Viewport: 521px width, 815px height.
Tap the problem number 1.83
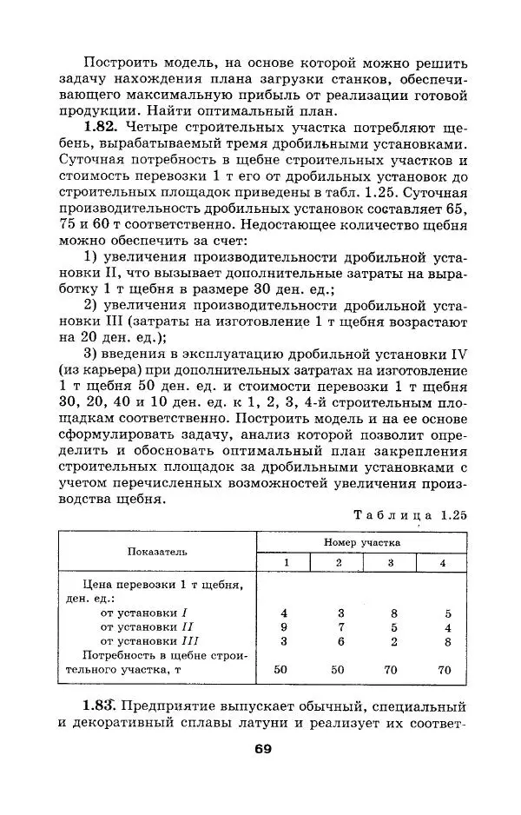(x=103, y=705)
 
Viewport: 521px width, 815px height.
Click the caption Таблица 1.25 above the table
(x=410, y=514)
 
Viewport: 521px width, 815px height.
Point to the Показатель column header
(x=157, y=551)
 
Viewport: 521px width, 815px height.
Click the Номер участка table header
(x=364, y=541)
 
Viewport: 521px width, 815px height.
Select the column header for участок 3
(x=390, y=562)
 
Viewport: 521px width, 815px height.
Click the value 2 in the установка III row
(x=393, y=641)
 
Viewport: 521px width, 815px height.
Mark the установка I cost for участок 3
(x=393, y=613)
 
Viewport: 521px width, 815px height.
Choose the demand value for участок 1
(x=280, y=670)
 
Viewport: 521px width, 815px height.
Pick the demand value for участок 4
(x=445, y=670)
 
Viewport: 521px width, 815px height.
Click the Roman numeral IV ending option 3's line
(x=459, y=354)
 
